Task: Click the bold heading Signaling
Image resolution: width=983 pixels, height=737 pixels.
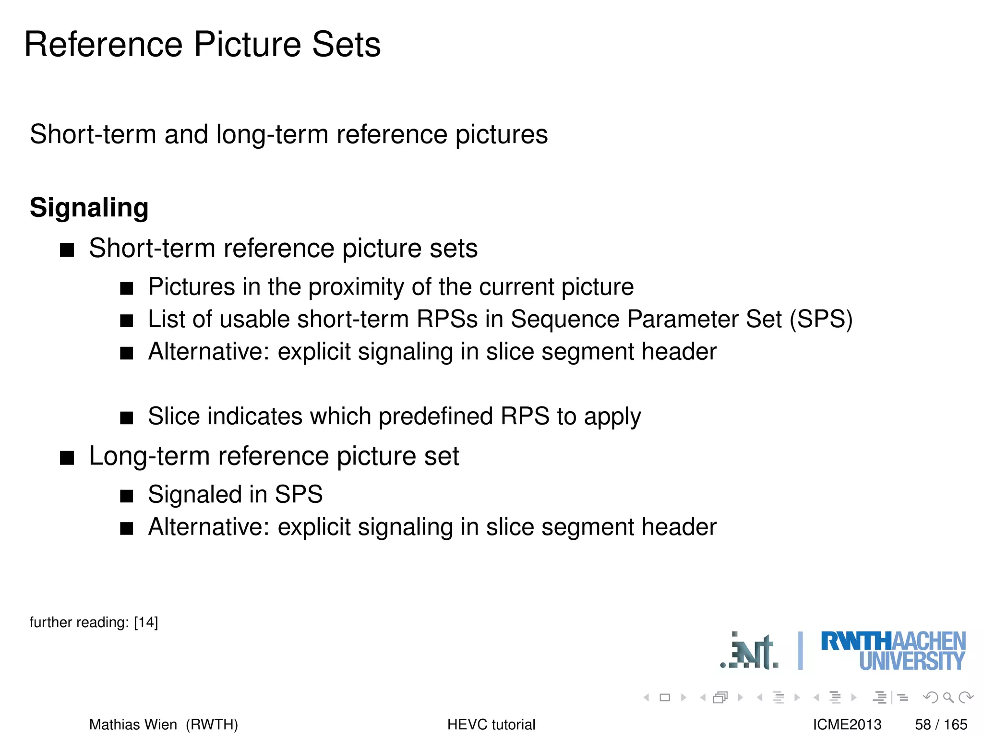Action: [89, 208]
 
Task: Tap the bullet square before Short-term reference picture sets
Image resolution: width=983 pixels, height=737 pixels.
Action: [67, 250]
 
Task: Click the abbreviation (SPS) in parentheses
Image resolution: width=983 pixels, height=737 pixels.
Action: [821, 320]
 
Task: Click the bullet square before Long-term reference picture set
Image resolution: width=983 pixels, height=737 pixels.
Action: [67, 458]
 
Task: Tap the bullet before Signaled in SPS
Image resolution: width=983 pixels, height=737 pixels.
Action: [126, 496]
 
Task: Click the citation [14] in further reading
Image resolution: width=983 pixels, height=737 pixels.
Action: [146, 622]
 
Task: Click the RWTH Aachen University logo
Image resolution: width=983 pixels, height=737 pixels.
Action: [893, 651]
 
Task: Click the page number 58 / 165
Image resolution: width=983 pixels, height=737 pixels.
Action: [941, 725]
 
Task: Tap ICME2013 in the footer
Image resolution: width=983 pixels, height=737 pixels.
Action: [847, 725]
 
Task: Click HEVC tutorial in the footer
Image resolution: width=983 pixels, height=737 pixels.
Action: [491, 725]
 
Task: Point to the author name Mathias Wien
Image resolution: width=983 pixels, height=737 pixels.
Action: [133, 725]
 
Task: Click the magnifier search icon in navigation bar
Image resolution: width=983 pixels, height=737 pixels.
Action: [948, 697]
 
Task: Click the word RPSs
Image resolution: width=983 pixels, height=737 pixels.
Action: [447, 320]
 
